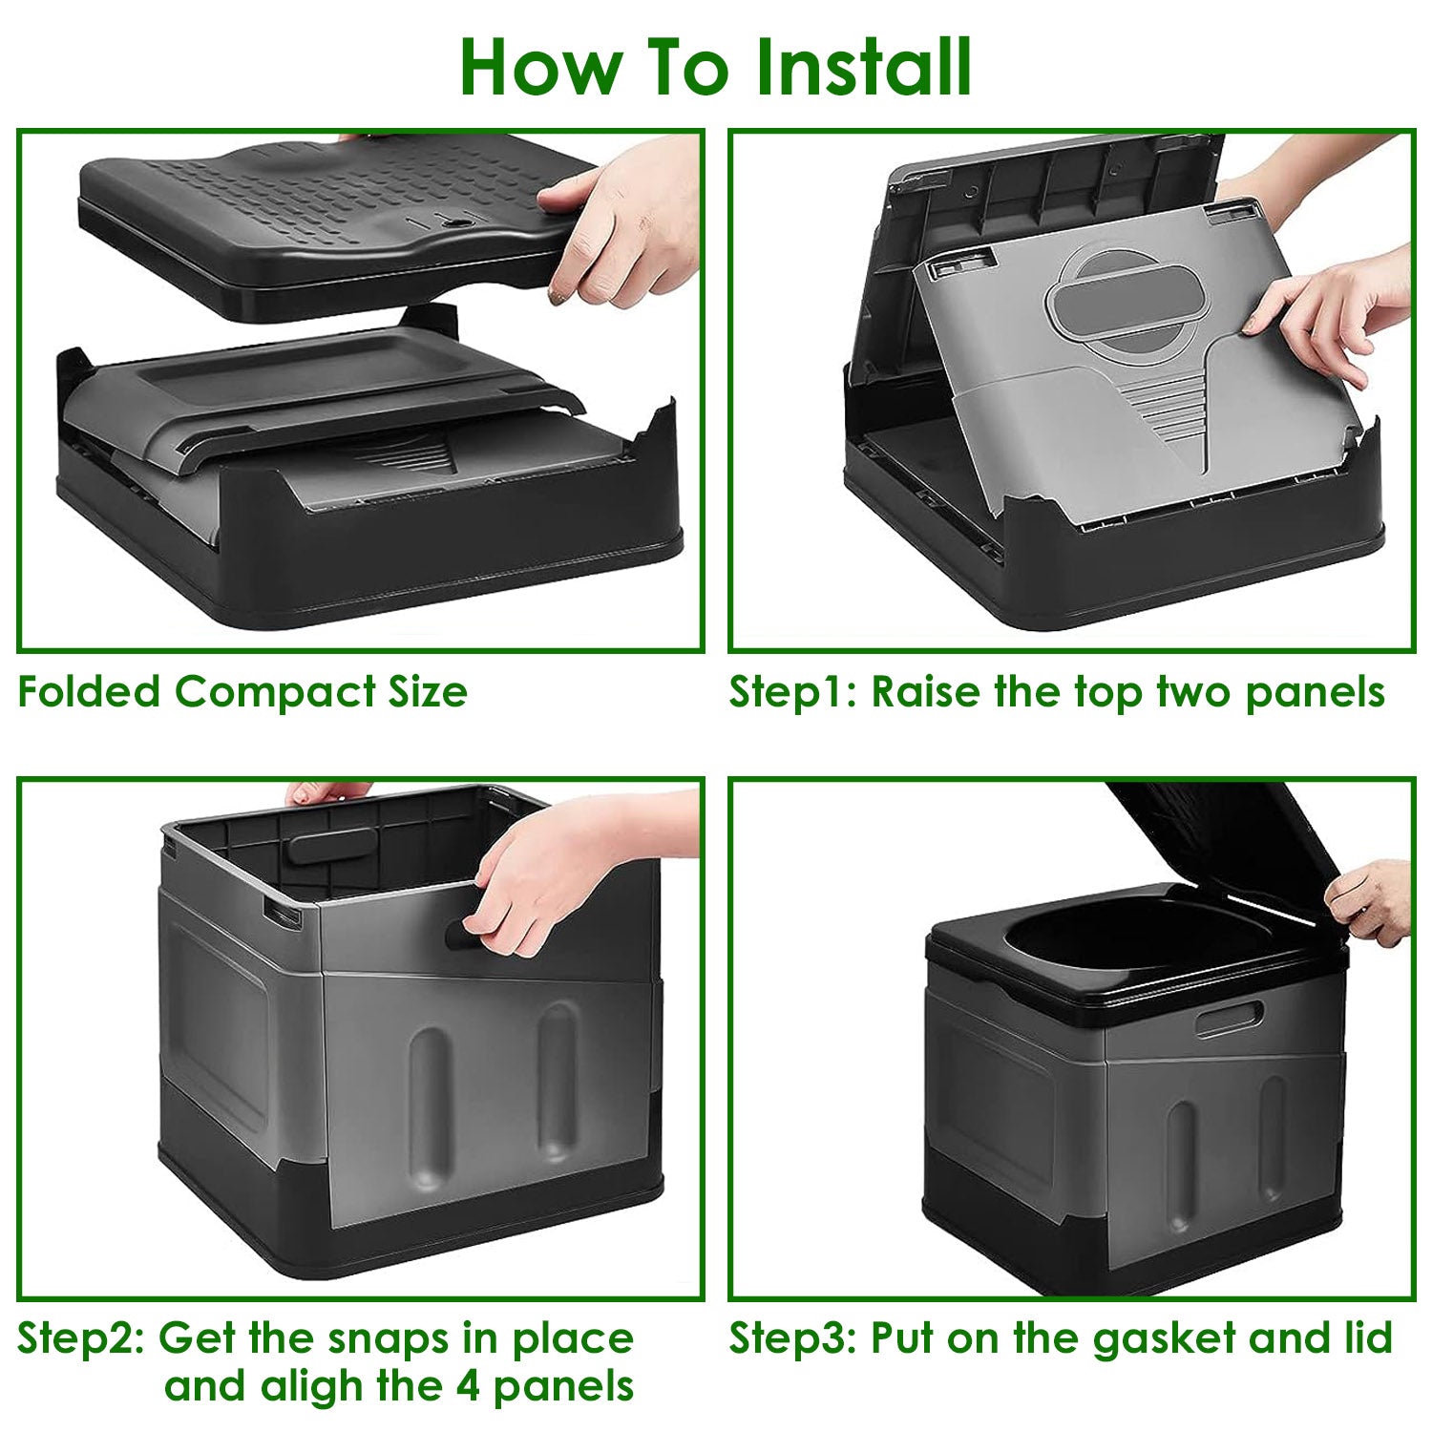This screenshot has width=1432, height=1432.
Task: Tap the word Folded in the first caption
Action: click(90, 691)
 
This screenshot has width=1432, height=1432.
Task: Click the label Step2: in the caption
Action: click(80, 1338)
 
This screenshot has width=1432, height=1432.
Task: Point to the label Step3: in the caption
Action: click(792, 1338)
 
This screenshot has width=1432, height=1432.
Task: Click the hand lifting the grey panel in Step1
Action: click(1337, 315)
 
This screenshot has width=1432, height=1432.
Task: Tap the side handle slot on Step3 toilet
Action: click(1230, 1019)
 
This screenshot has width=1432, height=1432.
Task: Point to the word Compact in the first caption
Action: click(276, 691)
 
